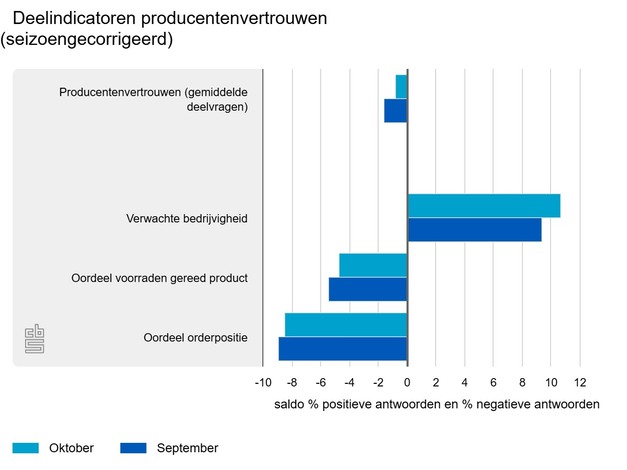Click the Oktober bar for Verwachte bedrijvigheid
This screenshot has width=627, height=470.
coord(483,206)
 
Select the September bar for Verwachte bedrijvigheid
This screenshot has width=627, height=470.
coord(474,230)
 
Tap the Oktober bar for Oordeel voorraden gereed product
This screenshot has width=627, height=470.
coord(373,265)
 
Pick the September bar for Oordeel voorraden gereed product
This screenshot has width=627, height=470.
coord(368,289)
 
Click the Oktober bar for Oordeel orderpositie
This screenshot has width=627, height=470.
coord(346,325)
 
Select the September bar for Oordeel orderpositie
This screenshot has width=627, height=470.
coord(343,348)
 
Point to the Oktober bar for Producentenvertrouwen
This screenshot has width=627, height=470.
coord(401,86)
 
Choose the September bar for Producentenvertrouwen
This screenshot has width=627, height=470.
coord(396,110)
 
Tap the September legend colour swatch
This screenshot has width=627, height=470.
coord(133,448)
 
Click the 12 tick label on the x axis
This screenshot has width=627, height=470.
coord(579,383)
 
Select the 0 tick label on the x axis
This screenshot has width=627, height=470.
coord(407,383)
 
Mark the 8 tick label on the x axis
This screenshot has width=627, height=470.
coord(522,383)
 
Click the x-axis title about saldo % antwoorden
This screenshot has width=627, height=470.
coord(436,405)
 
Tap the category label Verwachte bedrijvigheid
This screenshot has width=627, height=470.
coord(187,218)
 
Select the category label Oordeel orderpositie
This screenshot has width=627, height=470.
coord(196,337)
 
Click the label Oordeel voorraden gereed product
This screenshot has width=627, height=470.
coord(160,277)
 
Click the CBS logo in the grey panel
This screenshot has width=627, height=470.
coord(35,338)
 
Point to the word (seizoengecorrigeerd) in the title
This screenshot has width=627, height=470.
coord(87,40)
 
